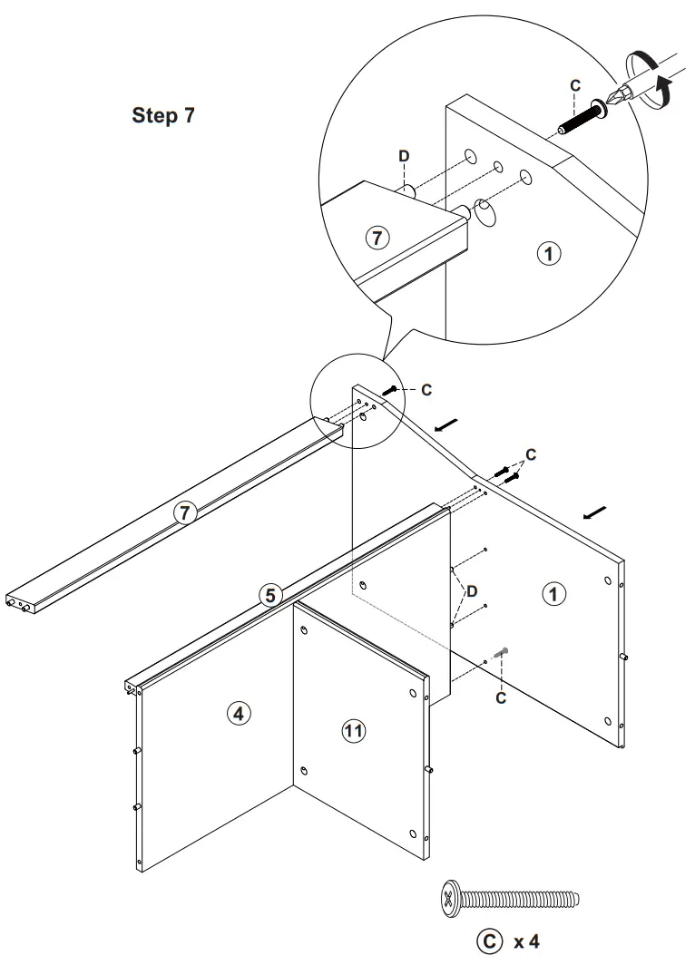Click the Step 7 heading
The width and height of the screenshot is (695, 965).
click(163, 115)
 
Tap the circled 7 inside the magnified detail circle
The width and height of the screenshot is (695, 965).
click(377, 239)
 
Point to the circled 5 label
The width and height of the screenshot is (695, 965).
click(269, 595)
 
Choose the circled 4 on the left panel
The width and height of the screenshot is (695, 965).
click(238, 714)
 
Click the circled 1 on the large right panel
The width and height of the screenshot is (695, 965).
click(553, 594)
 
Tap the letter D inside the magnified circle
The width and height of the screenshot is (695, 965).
click(404, 156)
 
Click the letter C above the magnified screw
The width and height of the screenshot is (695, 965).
click(574, 85)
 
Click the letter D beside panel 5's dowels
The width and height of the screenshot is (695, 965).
click(471, 591)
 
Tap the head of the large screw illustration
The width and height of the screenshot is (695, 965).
click(450, 899)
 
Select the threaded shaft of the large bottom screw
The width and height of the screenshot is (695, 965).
click(521, 899)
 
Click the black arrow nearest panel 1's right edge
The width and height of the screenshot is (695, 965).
click(595, 513)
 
